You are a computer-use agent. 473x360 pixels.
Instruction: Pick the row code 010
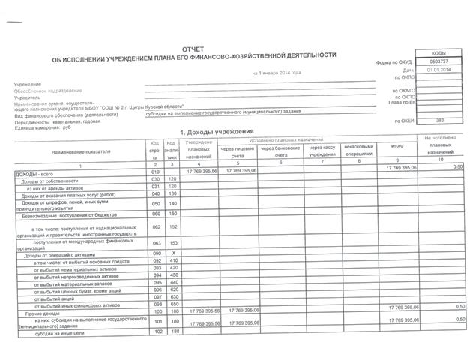156,172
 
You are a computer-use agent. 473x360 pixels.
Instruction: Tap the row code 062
156,227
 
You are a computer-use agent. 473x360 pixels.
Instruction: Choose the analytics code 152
172,227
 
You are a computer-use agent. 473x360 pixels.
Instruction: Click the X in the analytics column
172,255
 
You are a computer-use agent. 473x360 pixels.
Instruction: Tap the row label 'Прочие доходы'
39,310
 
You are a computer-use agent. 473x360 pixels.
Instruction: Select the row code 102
156,334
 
